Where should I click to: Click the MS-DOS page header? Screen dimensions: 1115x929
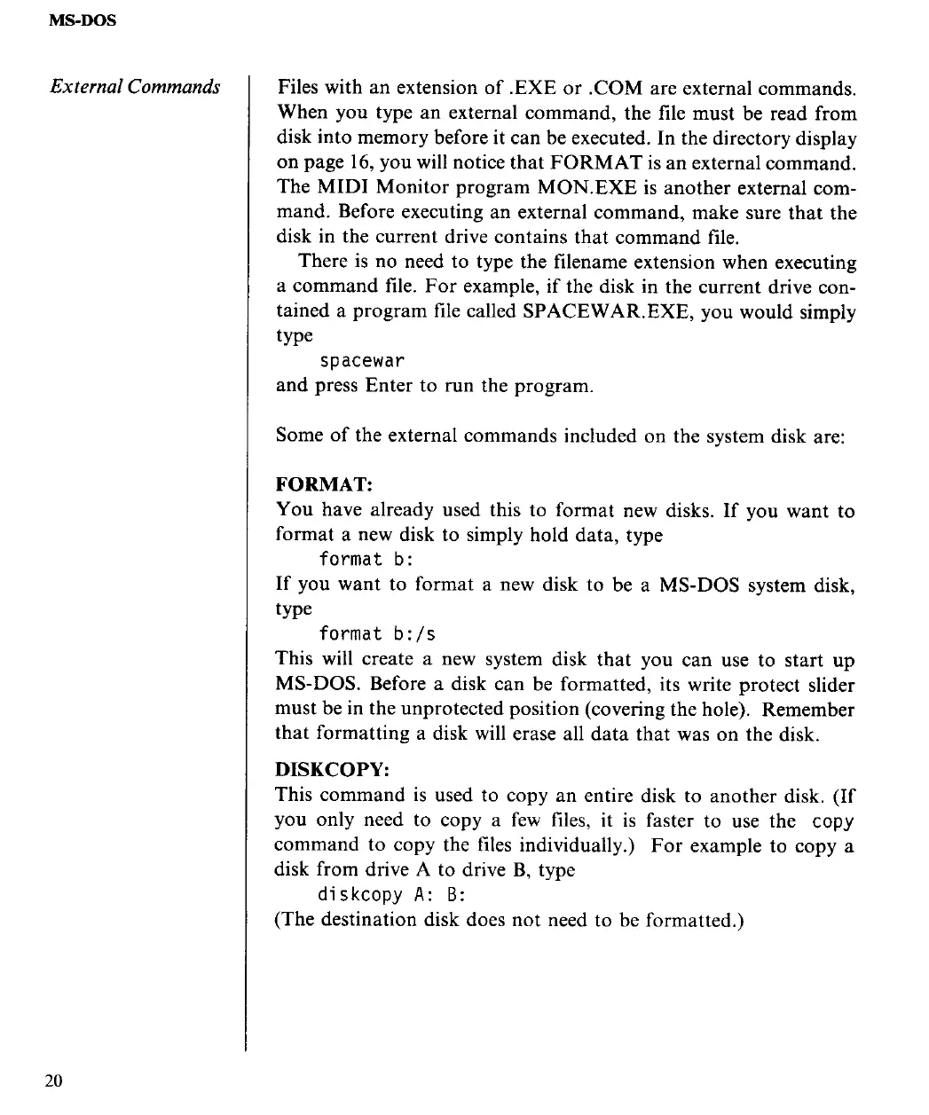click(x=83, y=19)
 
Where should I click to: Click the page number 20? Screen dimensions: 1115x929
click(x=53, y=1080)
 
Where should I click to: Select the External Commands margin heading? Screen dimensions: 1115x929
click(x=135, y=87)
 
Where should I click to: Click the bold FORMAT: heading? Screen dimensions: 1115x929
click(x=323, y=484)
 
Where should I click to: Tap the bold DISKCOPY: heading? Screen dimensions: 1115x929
click(x=333, y=769)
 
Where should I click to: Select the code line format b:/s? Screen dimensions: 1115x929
click(x=377, y=634)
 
